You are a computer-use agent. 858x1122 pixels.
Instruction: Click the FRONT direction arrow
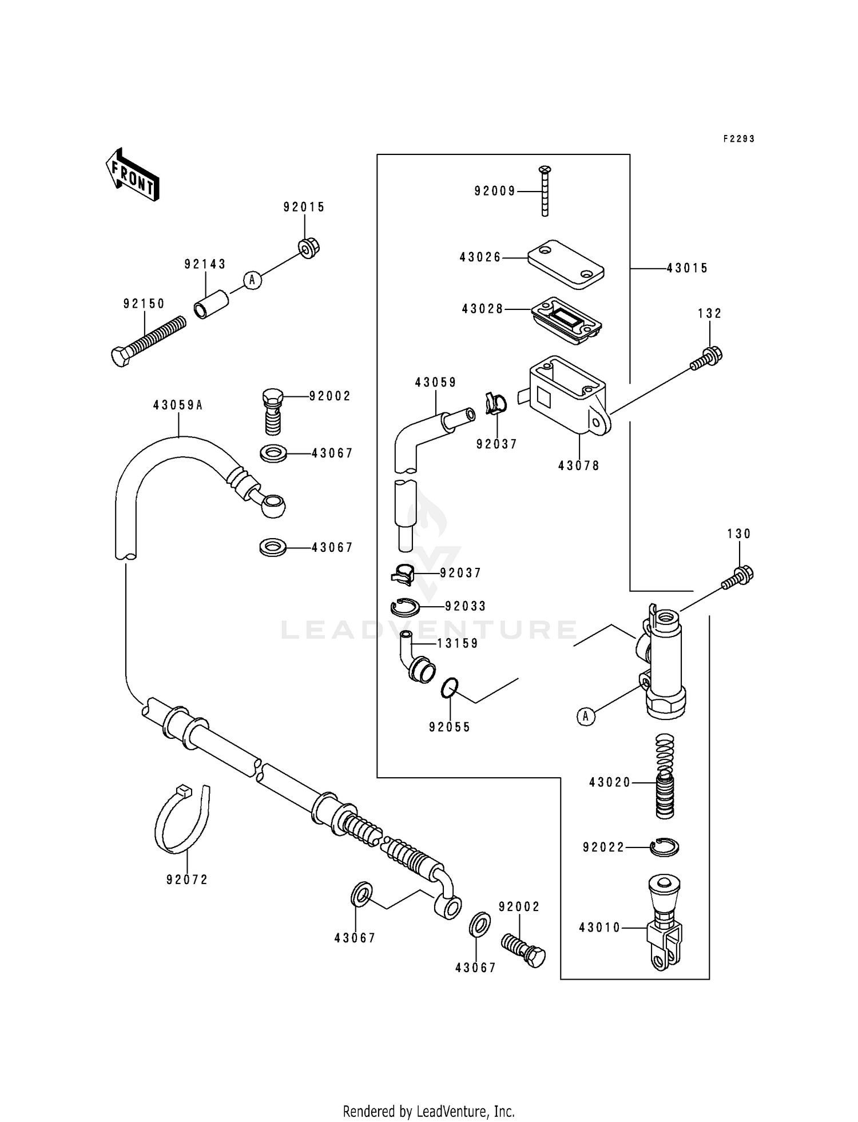(132, 175)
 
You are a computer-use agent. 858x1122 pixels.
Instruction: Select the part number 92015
(304, 208)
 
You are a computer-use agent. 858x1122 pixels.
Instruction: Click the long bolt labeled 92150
(148, 341)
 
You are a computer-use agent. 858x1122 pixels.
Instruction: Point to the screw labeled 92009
(545, 191)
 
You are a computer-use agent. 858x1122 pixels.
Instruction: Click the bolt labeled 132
(707, 358)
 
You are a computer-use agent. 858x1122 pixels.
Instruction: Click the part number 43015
(687, 268)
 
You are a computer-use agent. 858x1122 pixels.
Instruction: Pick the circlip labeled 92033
(404, 607)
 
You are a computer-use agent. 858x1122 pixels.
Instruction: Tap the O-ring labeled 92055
(450, 687)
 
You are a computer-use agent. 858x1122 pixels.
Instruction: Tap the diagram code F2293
(738, 139)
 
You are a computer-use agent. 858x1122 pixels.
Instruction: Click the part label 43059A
(178, 405)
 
